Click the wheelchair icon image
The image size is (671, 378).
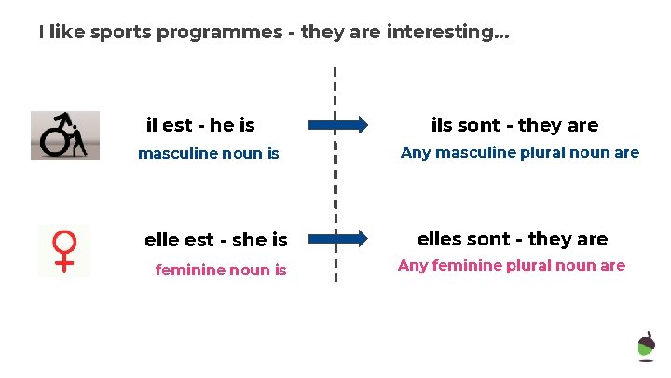tap(64, 135)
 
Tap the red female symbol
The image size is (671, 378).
tap(64, 250)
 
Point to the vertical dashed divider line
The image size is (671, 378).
tap(335, 177)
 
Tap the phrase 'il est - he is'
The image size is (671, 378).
tap(200, 125)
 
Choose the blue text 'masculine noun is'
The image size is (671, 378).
tap(208, 154)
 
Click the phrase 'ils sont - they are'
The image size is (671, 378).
tap(514, 125)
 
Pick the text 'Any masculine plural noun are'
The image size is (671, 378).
tap(519, 152)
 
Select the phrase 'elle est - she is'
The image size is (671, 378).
tap(215, 240)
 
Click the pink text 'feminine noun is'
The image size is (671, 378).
tap(221, 271)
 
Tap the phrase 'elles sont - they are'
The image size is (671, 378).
tap(513, 239)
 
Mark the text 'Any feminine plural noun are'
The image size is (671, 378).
tap(511, 265)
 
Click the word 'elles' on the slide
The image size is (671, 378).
tap(439, 239)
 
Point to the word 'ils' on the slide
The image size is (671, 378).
tap(442, 125)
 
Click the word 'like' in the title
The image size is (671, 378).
tap(67, 33)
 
